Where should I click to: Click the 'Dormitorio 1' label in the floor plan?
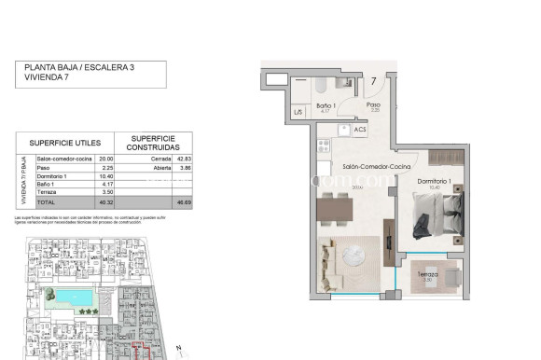[435, 180]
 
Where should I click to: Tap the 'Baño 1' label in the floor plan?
[326, 106]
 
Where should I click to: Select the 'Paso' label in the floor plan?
[373, 105]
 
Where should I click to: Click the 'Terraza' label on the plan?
[428, 276]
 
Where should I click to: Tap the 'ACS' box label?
[360, 130]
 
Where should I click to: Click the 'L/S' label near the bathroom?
[299, 113]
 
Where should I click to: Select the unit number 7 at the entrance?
[373, 81]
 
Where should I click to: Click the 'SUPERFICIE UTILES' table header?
[64, 143]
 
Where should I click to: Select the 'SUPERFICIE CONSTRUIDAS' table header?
[154, 143]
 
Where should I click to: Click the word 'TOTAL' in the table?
[47, 202]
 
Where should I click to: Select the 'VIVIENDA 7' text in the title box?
[49, 79]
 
